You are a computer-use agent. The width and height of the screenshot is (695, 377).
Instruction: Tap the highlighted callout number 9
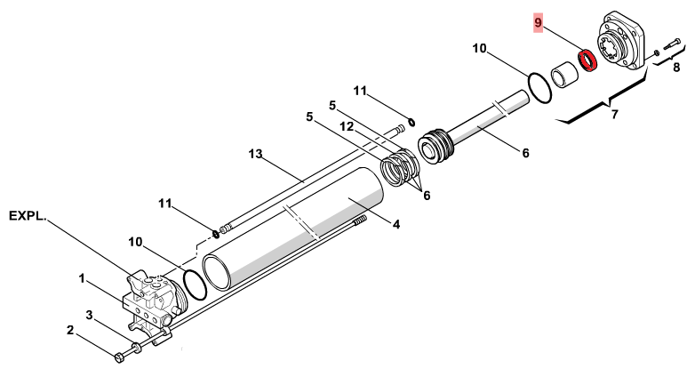(x=538, y=22)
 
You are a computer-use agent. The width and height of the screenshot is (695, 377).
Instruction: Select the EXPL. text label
(x=27, y=216)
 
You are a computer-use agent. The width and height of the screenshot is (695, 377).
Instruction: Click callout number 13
(x=255, y=154)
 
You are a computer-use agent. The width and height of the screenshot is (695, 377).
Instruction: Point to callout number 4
(x=396, y=224)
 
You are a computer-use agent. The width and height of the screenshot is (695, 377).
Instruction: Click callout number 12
(x=347, y=127)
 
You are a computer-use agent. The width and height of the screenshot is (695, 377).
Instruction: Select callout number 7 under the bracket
(x=614, y=115)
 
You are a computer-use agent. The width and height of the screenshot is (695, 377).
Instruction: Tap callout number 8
(x=676, y=68)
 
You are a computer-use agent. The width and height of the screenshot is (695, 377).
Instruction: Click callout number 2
(x=70, y=331)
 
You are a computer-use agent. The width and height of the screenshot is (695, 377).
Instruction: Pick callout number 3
(x=89, y=316)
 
